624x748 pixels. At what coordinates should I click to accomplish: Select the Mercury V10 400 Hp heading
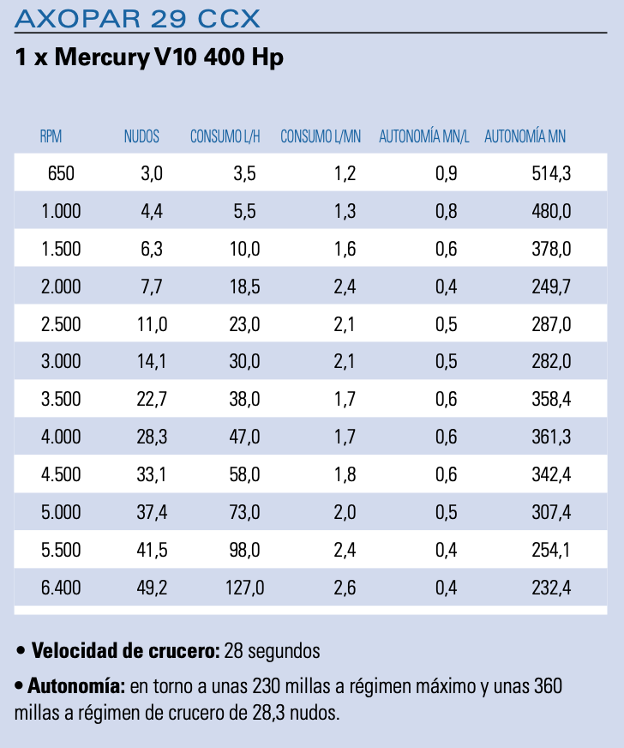pos(149,58)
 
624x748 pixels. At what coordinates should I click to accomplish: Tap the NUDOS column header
pos(141,136)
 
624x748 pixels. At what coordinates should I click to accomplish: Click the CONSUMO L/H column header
pos(225,136)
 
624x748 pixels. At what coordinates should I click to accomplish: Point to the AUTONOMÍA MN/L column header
pos(424,136)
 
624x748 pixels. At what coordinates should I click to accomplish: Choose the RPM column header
pos(51,136)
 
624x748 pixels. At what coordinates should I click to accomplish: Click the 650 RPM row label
pos(61,174)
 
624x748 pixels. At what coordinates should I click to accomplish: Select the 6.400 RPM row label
pos(61,588)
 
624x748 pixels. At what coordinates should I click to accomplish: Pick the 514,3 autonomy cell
pos(551,174)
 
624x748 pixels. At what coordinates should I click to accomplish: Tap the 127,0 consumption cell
pos(244,588)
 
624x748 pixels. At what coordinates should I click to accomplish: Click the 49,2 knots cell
pos(152,588)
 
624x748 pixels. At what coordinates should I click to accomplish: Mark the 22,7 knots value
pos(152,400)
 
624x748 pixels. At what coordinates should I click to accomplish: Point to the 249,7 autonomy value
pos(551,287)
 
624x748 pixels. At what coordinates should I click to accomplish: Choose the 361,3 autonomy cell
pos(551,437)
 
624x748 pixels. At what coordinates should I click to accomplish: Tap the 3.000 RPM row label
pos(61,362)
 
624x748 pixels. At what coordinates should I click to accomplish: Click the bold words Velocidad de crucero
pos(125,651)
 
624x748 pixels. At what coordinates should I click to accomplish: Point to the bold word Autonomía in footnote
pos(76,687)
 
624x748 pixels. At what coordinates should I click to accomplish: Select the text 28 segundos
pos(272,651)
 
